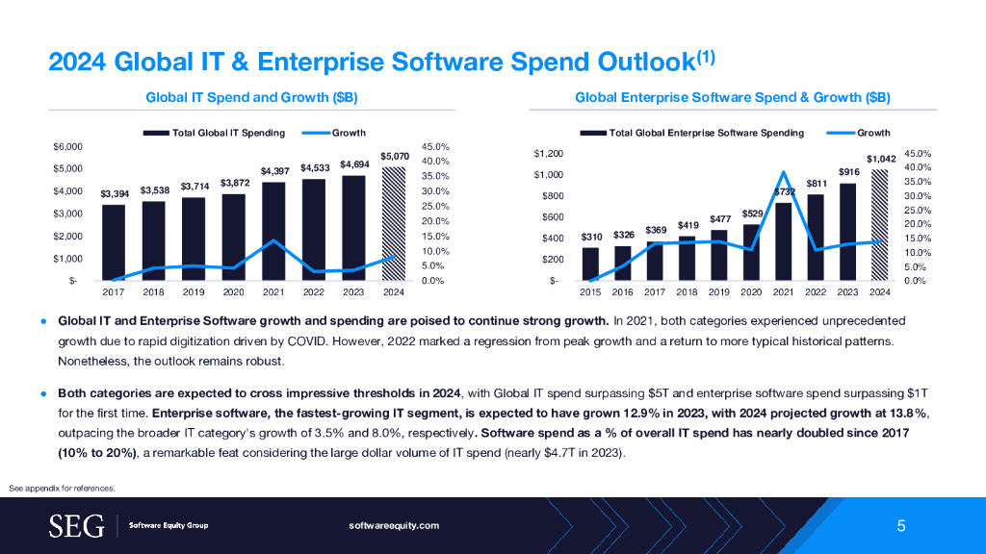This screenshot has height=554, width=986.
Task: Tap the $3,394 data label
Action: [113, 194]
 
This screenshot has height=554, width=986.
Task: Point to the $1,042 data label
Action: [880, 159]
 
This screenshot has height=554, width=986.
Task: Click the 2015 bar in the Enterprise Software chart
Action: [590, 264]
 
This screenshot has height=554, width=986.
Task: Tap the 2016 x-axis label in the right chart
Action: [623, 290]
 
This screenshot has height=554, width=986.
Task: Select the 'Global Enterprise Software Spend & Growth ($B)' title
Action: [732, 97]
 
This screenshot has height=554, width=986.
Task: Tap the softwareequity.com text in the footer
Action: [394, 525]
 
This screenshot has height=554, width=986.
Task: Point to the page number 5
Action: [901, 525]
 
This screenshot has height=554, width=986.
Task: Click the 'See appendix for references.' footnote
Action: [62, 489]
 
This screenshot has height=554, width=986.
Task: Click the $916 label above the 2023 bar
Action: [848, 171]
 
